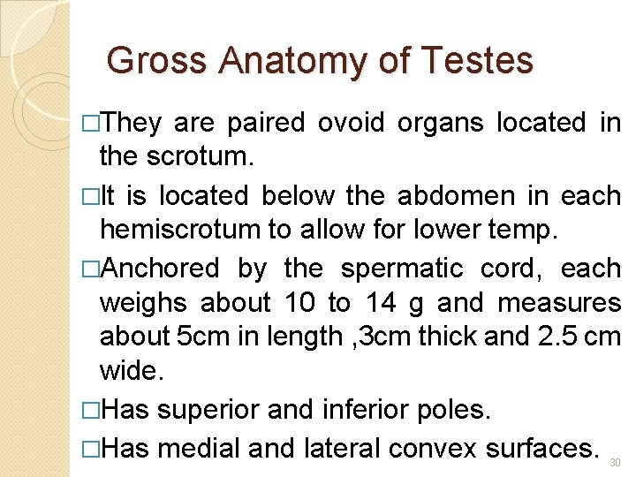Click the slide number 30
pos(615,462)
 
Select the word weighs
pos(143,304)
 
